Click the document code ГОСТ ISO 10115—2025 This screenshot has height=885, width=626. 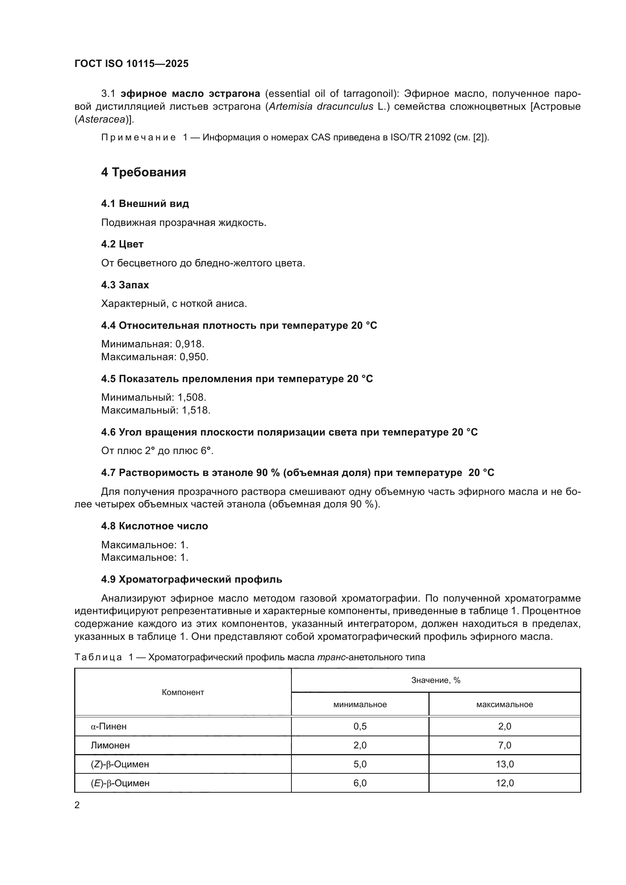(x=131, y=64)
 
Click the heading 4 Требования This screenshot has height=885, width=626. (x=143, y=172)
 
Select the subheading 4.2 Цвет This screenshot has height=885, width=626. (x=122, y=244)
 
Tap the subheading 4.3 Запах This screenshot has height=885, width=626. (x=125, y=285)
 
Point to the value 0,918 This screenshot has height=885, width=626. (x=190, y=344)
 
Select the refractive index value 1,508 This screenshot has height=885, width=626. (x=192, y=397)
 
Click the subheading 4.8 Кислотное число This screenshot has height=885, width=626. (x=154, y=526)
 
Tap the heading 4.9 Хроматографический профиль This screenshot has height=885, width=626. (x=192, y=579)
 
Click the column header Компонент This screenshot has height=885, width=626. (x=183, y=692)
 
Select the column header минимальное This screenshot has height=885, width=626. (x=360, y=705)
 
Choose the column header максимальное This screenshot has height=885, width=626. (x=504, y=705)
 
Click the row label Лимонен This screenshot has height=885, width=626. (x=110, y=745)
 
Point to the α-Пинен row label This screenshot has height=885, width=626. (x=109, y=726)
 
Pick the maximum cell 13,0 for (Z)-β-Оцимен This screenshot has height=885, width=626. (x=505, y=764)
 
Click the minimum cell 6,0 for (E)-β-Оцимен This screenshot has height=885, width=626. (x=360, y=783)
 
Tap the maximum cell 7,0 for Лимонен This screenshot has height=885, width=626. (x=505, y=745)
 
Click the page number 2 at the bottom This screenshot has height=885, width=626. (x=77, y=805)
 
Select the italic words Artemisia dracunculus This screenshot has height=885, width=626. (x=321, y=107)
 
